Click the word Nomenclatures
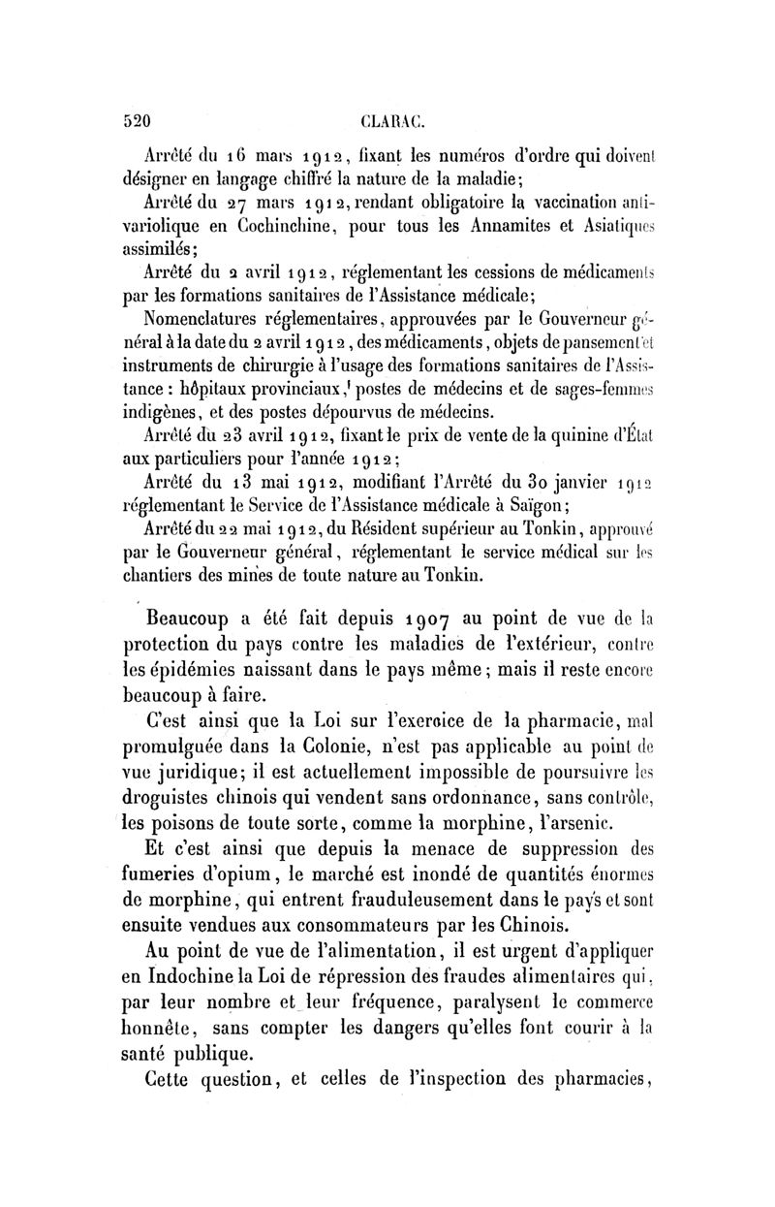point(204,315)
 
